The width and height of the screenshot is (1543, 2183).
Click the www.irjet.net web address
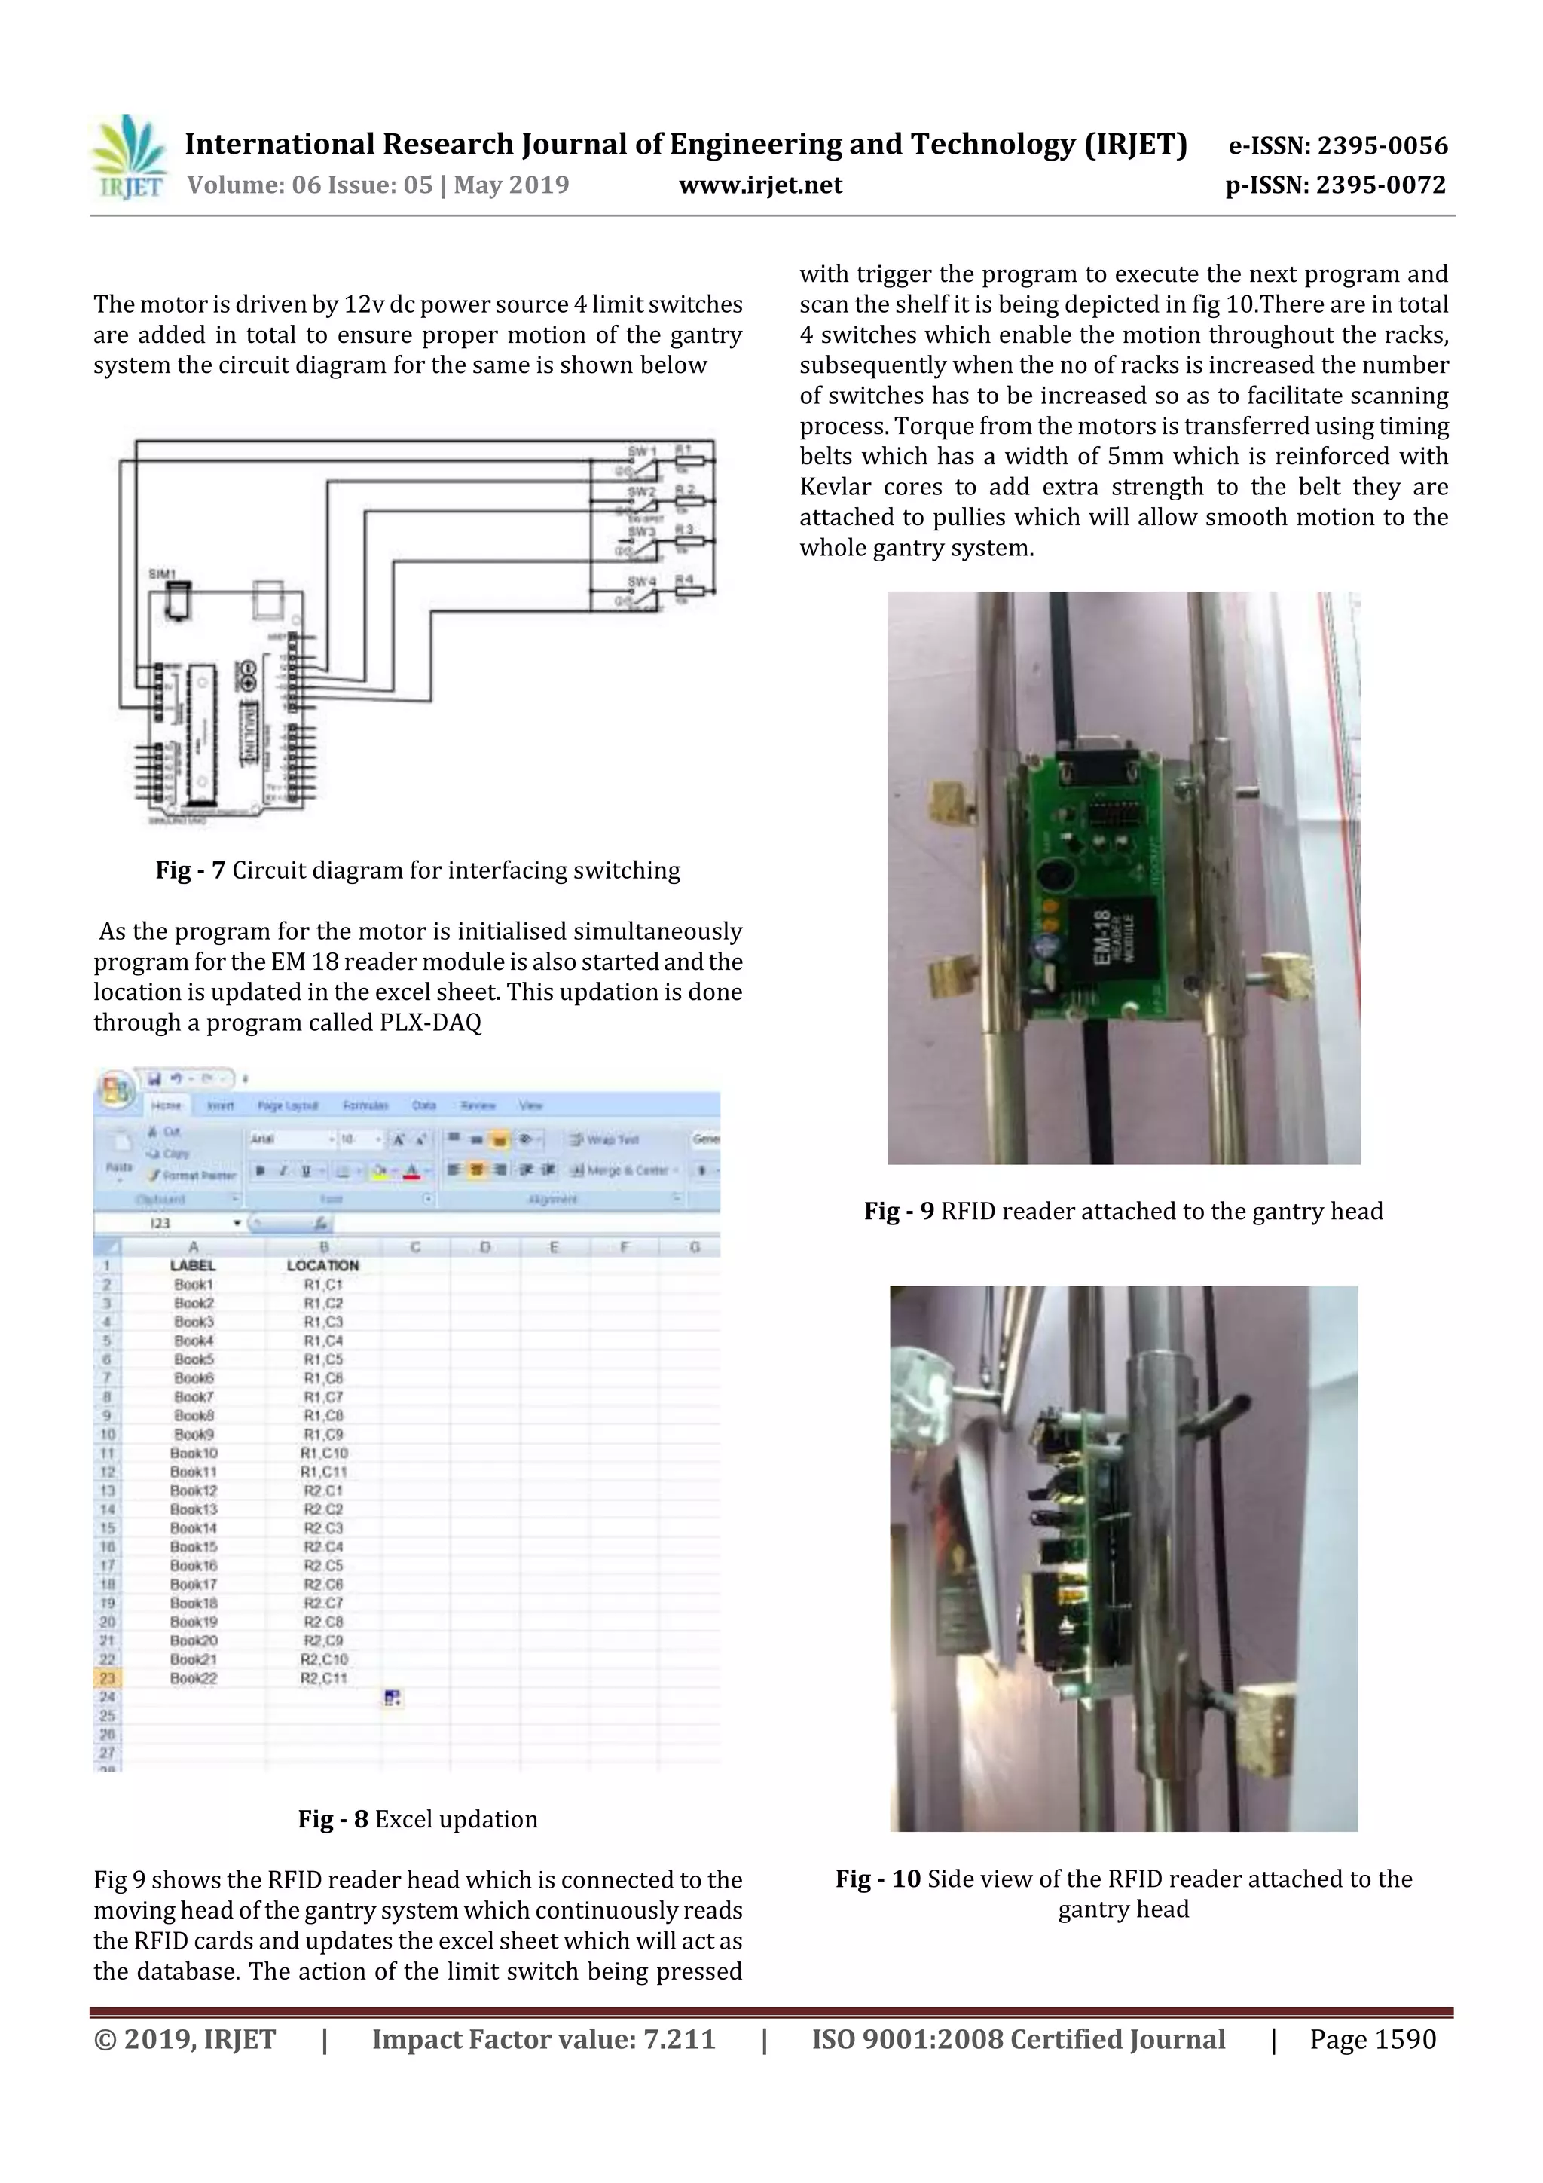[759, 185]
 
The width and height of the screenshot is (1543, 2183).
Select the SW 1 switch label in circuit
[642, 451]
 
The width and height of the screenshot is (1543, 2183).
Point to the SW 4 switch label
[642, 581]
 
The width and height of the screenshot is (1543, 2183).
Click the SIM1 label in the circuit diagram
[163, 574]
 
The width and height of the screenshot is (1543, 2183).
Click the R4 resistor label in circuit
[685, 579]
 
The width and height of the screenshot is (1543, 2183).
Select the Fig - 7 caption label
[190, 870]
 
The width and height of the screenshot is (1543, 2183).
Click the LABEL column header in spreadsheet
[193, 1265]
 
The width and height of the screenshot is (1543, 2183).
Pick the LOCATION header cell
[322, 1265]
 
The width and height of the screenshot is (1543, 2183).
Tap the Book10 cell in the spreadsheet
[194, 1453]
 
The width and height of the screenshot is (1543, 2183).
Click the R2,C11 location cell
[323, 1678]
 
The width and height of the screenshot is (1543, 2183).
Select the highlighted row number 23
[108, 1678]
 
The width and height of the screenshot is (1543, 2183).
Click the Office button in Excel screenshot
[115, 1090]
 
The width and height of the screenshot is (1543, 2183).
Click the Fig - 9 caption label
[898, 1211]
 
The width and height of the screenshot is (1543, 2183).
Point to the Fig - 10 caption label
[878, 1879]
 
